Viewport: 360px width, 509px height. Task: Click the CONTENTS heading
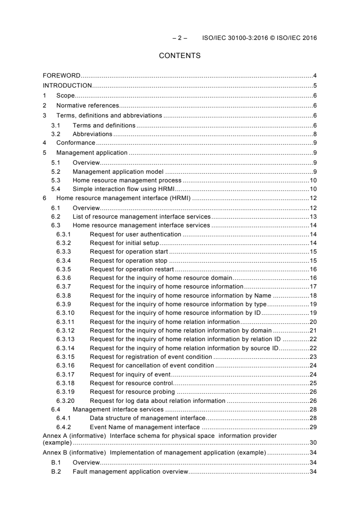[x=180, y=56]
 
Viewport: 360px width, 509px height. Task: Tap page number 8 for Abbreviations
[x=315, y=134]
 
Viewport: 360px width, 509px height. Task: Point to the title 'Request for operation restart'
[x=129, y=269]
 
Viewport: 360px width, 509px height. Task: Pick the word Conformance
[x=76, y=143]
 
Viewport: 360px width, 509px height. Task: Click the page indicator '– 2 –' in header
[x=180, y=38]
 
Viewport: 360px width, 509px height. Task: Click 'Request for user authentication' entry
[x=135, y=234]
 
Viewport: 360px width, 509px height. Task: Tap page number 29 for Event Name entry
[x=313, y=427]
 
